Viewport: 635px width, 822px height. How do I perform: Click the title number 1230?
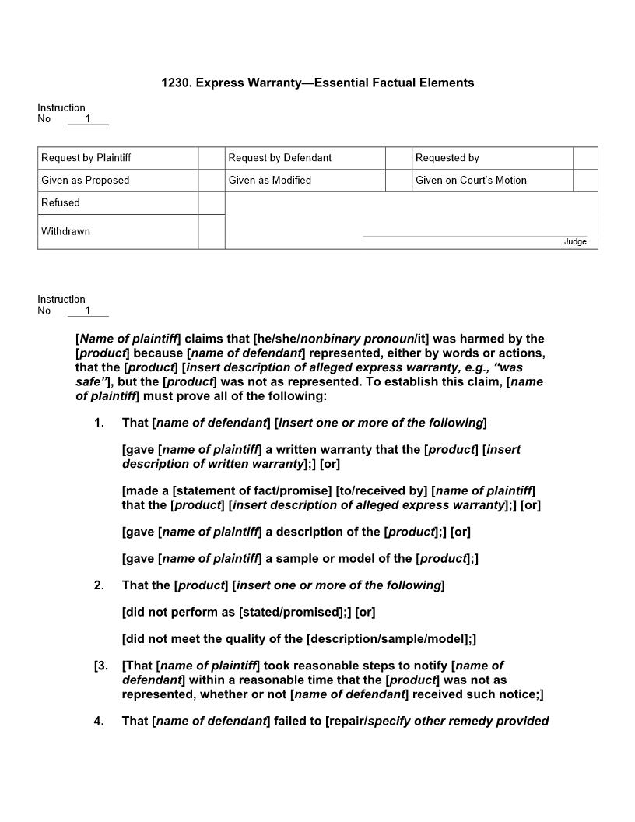pos(176,83)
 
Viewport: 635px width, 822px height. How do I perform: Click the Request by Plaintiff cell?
pos(86,158)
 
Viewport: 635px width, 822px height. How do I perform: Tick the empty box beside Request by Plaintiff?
pos(211,158)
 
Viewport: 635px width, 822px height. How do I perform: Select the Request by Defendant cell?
pos(280,158)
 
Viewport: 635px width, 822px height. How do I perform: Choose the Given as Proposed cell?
pos(86,181)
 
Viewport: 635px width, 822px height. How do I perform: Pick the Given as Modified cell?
pos(270,181)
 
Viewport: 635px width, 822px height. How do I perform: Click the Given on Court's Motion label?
pos(471,181)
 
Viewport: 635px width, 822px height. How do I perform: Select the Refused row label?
pos(61,203)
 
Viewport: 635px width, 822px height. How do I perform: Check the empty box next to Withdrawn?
pos(211,232)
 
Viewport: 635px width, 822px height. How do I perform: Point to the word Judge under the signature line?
pos(575,242)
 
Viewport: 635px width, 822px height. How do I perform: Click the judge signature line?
pos(475,235)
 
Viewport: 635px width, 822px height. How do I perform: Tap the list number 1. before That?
pos(99,423)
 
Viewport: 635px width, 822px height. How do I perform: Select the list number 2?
pos(99,585)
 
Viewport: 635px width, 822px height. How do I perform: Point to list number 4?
pos(99,721)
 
